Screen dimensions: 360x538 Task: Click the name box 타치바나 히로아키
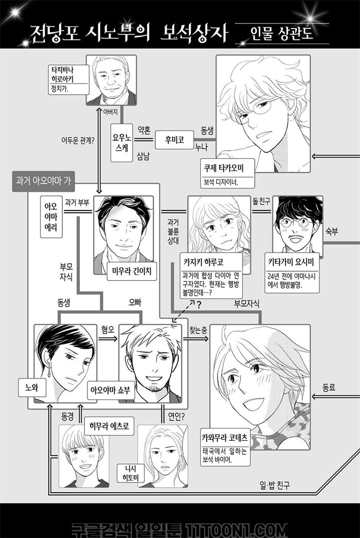coord(68,80)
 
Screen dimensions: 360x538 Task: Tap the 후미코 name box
coord(174,140)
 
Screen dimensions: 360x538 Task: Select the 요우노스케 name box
coord(121,143)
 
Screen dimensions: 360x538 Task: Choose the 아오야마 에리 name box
coord(51,217)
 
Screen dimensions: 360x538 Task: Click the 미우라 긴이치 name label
coord(132,271)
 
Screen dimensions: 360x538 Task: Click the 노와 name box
coord(32,388)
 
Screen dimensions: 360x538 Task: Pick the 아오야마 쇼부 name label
coord(111,390)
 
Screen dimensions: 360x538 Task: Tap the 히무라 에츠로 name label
coord(109,426)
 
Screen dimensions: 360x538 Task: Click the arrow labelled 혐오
coord(107,338)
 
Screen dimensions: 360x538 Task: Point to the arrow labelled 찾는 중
coord(196,338)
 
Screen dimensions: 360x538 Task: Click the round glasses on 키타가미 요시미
coord(296,223)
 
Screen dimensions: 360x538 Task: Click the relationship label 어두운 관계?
coord(78,140)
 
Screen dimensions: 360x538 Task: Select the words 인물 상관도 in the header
coord(282,34)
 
